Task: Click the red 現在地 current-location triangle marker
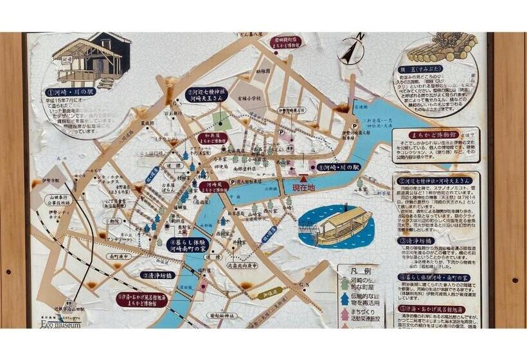[x=303, y=179]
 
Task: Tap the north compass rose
[x=352, y=50]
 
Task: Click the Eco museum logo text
[x=64, y=325]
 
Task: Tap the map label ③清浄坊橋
[x=157, y=274]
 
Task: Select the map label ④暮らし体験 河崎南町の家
[x=192, y=243]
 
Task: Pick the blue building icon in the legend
[x=344, y=298]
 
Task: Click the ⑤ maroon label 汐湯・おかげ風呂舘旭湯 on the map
[x=143, y=299]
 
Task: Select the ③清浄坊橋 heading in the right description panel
[x=417, y=241]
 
